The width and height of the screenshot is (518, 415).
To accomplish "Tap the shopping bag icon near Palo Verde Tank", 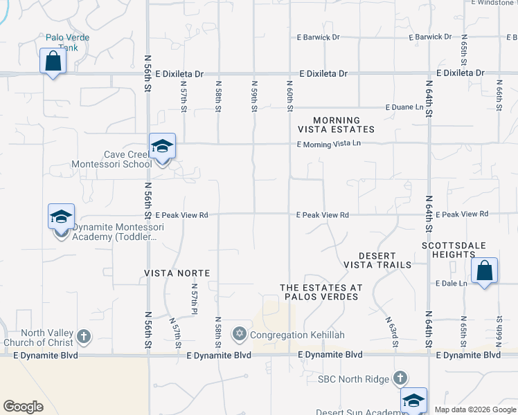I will click(53, 62).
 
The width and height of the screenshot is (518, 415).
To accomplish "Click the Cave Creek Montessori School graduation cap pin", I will click(162, 147).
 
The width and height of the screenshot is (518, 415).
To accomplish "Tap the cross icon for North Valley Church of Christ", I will click(83, 337).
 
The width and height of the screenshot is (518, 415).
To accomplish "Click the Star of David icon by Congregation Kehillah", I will click(240, 335).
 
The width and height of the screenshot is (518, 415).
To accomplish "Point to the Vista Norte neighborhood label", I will click(177, 273).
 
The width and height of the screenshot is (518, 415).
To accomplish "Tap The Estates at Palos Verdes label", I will click(319, 292).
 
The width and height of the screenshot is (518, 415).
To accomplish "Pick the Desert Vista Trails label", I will click(377, 260).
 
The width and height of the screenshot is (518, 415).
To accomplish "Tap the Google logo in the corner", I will click(24, 407).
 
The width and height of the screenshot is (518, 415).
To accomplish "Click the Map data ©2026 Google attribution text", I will click(475, 409).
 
